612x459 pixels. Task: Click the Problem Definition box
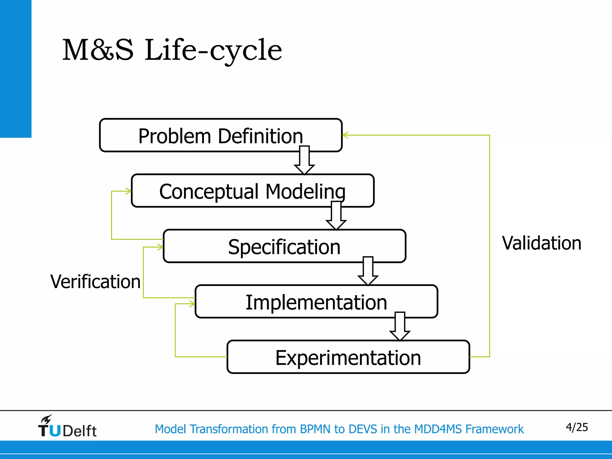click(221, 135)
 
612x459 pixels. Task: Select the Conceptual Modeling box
click(253, 191)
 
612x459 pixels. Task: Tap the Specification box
click(284, 246)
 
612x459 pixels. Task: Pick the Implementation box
click(316, 302)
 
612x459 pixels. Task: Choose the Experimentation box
click(348, 357)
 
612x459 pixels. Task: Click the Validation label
click(541, 243)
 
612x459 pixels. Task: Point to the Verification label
click(95, 281)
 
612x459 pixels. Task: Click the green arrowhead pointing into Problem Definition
click(345, 135)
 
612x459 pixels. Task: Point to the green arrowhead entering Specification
click(160, 247)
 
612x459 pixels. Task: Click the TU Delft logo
click(67, 426)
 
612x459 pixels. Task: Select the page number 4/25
click(576, 427)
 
